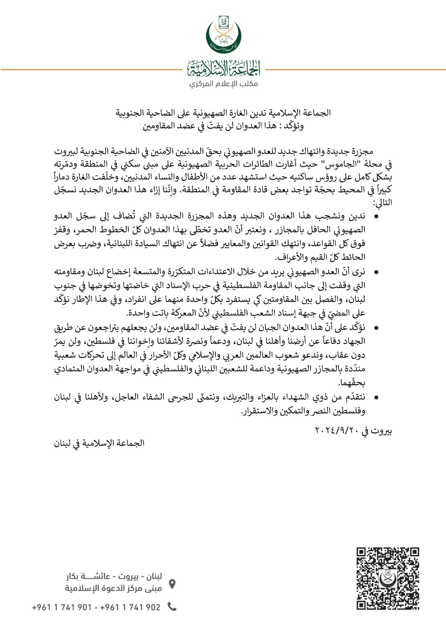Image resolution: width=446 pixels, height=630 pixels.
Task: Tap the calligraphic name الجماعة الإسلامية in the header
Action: tap(223, 69)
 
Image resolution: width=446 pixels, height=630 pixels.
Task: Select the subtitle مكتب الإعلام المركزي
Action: tap(223, 84)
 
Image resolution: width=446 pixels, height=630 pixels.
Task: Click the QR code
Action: tap(388, 579)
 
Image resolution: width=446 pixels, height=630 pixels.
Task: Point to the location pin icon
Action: tap(172, 584)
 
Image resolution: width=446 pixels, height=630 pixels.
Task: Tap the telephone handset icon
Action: tap(172, 606)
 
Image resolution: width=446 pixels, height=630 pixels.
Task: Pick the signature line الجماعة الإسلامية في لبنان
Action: tap(99, 443)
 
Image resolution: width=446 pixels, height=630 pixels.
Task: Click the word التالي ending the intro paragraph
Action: tap(383, 202)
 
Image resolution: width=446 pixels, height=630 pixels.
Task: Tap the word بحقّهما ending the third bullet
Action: tap(352, 383)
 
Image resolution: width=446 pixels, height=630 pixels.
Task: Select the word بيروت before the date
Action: tap(381, 431)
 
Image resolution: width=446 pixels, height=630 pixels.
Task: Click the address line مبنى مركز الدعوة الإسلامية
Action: tap(113, 589)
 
